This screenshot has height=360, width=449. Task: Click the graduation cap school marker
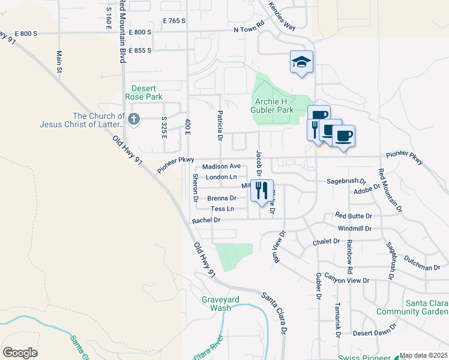click(301, 62)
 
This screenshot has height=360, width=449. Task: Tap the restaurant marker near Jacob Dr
click(261, 191)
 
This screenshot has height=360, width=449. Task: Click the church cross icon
click(133, 120)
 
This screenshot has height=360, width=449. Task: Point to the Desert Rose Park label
click(143, 92)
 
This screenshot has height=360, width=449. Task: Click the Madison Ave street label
click(221, 166)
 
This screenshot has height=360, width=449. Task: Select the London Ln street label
click(221, 177)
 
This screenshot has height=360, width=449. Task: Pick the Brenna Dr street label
click(221, 198)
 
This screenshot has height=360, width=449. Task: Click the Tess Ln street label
click(222, 209)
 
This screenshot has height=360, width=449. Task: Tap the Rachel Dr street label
click(206, 220)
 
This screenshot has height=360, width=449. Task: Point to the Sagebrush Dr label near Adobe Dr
click(346, 180)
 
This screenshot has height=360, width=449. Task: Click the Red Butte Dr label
click(354, 215)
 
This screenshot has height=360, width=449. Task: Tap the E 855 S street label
click(140, 50)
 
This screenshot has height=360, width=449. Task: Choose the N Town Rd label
click(249, 28)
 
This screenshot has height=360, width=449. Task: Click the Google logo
click(20, 352)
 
